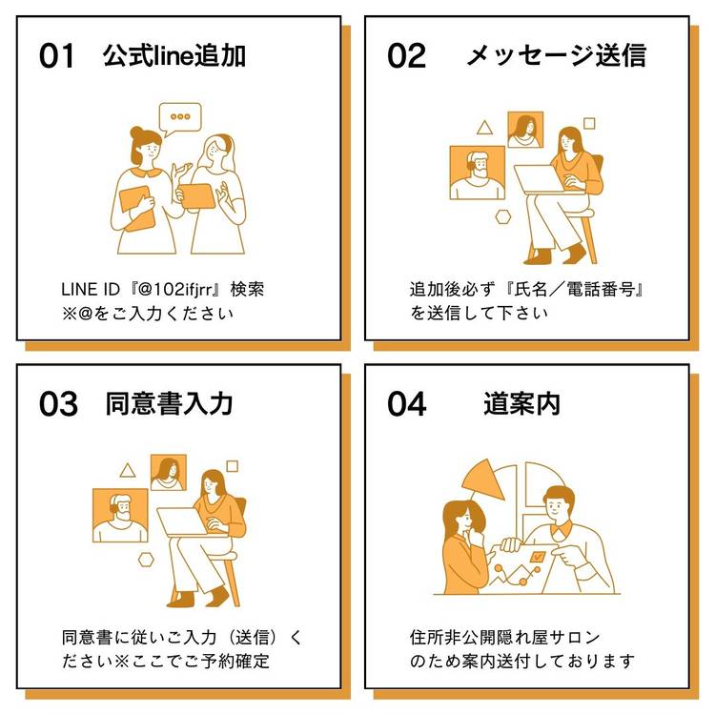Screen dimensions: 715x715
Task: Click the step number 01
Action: [56, 56]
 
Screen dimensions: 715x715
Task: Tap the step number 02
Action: [406, 56]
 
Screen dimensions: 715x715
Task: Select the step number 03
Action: [58, 404]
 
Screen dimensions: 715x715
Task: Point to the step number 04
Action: [407, 404]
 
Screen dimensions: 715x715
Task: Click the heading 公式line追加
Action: [174, 55]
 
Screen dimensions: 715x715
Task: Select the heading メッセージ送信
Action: [557, 55]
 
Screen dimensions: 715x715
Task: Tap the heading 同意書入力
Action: [169, 403]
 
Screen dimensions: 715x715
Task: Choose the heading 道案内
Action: [521, 403]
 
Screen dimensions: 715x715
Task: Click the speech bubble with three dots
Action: [180, 118]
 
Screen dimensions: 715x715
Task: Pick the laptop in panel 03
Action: [183, 521]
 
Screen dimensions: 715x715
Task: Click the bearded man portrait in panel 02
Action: [478, 173]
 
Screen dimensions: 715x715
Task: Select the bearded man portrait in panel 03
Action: [120, 515]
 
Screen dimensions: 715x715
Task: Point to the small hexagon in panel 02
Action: [503, 217]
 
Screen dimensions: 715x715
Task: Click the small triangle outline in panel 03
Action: [128, 471]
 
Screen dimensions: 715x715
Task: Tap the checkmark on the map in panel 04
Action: [538, 556]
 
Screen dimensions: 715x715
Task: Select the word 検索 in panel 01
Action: [247, 290]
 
